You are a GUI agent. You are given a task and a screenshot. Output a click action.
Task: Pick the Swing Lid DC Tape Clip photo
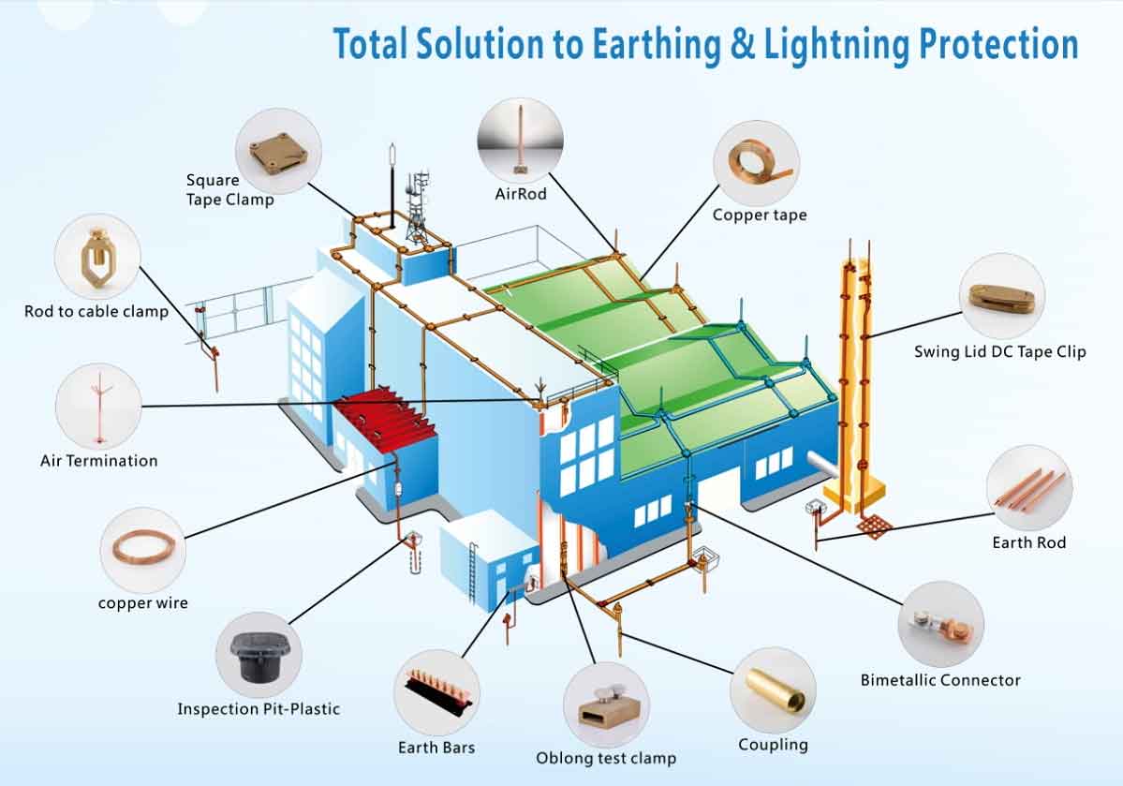[x=1002, y=294]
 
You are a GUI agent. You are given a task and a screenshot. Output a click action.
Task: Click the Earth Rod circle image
[x=1029, y=488]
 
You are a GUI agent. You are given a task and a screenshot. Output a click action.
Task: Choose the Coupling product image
[x=773, y=689]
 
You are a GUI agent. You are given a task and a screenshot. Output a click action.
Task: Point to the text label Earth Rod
[x=1028, y=542]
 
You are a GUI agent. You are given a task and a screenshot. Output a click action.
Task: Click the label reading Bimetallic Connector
[x=939, y=680]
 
